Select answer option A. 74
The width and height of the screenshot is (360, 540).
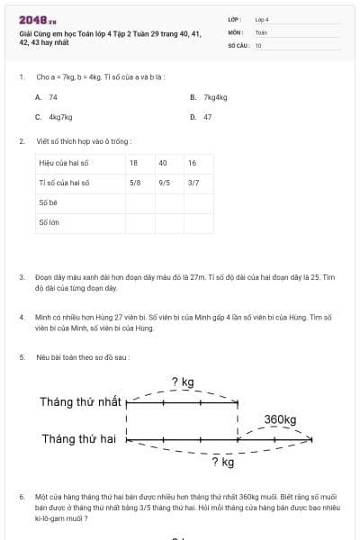(x=47, y=96)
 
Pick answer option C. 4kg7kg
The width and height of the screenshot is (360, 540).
(x=54, y=117)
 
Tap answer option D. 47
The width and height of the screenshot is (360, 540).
(x=202, y=117)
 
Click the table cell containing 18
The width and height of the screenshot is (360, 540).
(x=134, y=163)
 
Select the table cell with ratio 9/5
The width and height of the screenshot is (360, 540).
(x=164, y=183)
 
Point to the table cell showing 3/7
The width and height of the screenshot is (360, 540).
(x=193, y=183)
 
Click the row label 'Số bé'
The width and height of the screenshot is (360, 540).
(x=49, y=202)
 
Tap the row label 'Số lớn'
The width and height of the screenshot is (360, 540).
(x=49, y=222)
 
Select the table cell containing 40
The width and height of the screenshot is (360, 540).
(x=163, y=163)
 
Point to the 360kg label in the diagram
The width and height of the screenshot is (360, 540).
(x=281, y=419)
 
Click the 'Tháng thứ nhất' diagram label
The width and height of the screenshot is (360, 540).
(x=80, y=401)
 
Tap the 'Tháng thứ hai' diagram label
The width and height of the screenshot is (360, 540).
(x=80, y=439)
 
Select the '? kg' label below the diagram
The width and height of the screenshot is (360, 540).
(x=221, y=463)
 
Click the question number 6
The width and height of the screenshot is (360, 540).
(x=22, y=496)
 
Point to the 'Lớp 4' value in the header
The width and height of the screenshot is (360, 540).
(x=262, y=19)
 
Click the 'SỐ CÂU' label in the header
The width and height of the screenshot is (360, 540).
(x=238, y=44)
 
